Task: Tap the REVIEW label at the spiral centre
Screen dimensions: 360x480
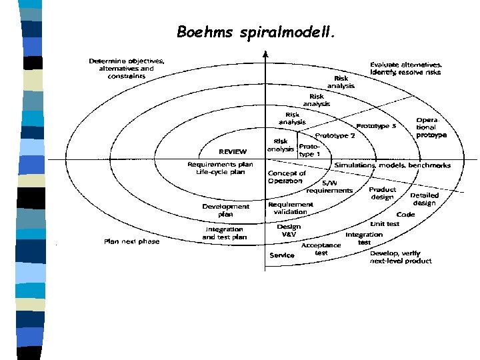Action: tap(233, 151)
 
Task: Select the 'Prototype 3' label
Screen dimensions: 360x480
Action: tap(376, 125)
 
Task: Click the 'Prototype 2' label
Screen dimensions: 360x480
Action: tap(335, 135)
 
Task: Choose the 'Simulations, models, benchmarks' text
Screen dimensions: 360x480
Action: tap(392, 165)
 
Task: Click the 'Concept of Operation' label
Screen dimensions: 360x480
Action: tap(287, 177)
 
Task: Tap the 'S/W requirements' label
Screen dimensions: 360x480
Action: tap(329, 187)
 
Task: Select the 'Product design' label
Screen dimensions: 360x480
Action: tap(383, 193)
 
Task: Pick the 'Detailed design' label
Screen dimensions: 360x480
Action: tap(425, 199)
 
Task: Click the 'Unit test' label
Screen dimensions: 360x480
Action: tap(385, 224)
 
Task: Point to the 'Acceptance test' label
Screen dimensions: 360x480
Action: tap(321, 248)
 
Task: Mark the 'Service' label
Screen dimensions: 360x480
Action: tap(281, 255)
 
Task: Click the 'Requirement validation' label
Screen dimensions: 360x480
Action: tap(291, 208)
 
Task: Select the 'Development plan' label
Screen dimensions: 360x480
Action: tap(226, 210)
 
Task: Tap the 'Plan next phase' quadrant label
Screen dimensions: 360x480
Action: tap(131, 241)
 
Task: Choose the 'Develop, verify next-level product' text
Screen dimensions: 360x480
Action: tap(401, 257)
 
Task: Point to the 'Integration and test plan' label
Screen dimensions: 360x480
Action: tap(225, 233)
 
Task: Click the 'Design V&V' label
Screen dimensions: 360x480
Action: tap(289, 230)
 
